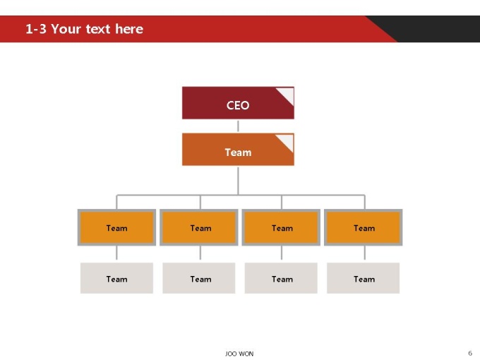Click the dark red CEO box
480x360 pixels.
pos(238,103)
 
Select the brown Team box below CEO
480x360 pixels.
pos(238,150)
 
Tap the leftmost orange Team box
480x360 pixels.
pos(116,227)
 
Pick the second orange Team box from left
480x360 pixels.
pos(199,227)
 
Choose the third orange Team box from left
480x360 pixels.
pos(281,227)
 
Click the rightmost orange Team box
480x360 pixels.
pos(364,227)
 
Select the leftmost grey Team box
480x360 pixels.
pos(116,278)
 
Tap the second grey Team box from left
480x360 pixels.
pos(199,278)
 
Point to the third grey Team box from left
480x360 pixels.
pos(281,278)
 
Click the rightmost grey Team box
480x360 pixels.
pos(364,278)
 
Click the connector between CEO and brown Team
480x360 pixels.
pos(238,126)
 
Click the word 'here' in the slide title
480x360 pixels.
pos(129,29)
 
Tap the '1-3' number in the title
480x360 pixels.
pos(36,29)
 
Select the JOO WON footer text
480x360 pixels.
pos(239,354)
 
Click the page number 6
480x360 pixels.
pos(470,353)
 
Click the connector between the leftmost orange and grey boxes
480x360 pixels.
pos(116,253)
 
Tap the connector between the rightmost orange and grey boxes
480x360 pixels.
pos(365,253)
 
